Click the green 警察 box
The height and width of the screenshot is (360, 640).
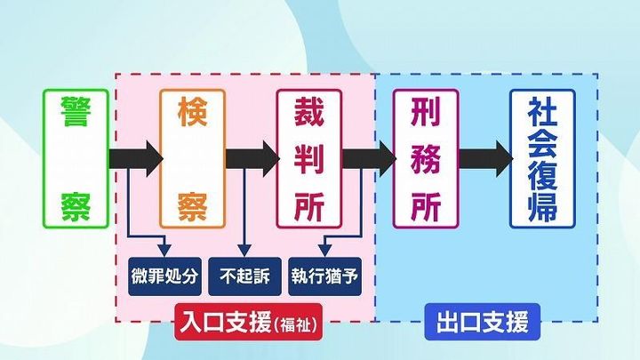[x=76, y=158]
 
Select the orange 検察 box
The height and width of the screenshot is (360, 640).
[x=192, y=158]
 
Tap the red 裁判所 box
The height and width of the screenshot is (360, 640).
[x=308, y=158]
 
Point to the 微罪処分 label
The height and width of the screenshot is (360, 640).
[x=164, y=276]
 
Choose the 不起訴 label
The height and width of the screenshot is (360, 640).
[x=244, y=276]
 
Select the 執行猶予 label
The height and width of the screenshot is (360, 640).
[x=325, y=276]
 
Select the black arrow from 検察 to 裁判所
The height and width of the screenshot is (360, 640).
[x=252, y=158]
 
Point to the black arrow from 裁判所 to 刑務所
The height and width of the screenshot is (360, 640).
[x=367, y=158]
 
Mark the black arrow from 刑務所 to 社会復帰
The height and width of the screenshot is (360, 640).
[x=484, y=158]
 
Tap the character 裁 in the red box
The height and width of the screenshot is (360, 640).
[x=308, y=114]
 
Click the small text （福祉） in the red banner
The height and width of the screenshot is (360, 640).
[x=297, y=322]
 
